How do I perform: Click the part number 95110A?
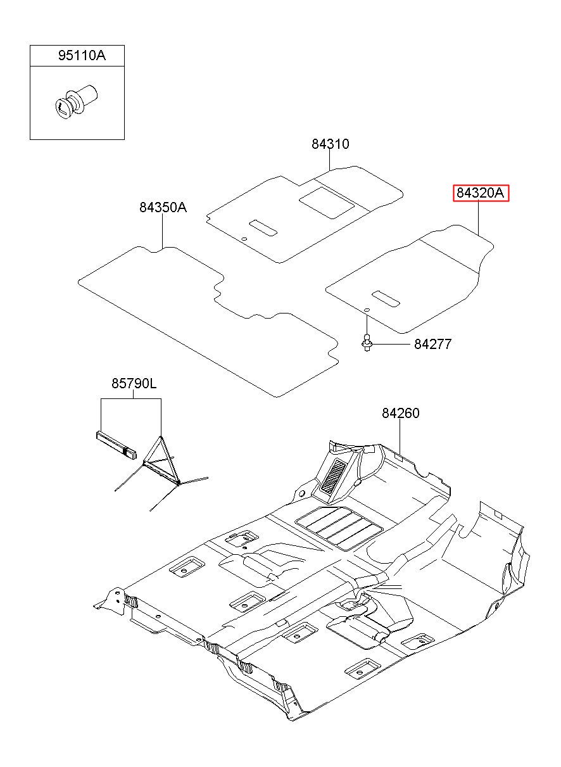click(x=82, y=56)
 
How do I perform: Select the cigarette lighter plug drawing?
click(x=77, y=102)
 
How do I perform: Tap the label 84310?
click(x=331, y=144)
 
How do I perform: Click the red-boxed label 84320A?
click(x=481, y=193)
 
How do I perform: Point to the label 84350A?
click(x=163, y=208)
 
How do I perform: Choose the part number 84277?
click(x=432, y=344)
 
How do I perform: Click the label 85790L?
click(x=134, y=383)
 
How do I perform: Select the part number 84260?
click(x=400, y=414)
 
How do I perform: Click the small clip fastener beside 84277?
click(x=367, y=342)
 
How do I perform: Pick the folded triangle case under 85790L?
click(x=116, y=445)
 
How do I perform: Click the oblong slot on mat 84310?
click(x=263, y=228)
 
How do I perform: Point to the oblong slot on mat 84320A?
click(x=386, y=299)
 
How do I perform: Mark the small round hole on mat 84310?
click(x=244, y=239)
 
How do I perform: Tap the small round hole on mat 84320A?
click(x=367, y=310)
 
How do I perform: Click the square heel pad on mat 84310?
click(x=327, y=203)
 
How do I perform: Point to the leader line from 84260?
click(x=400, y=436)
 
